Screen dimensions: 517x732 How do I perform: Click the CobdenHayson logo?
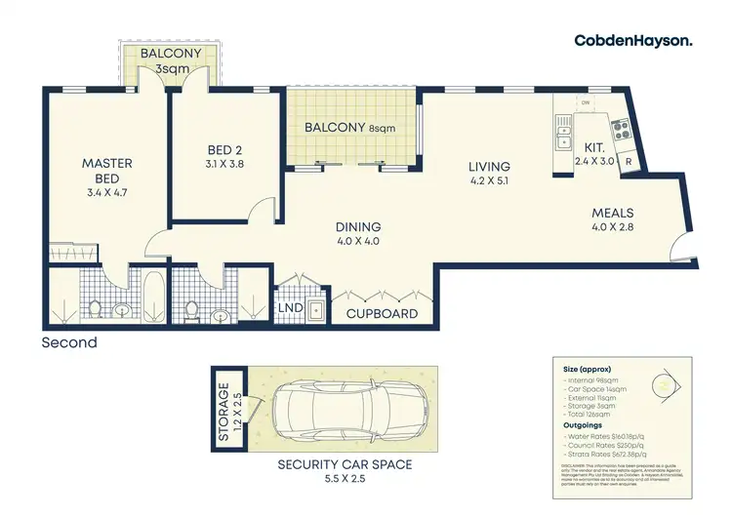633,40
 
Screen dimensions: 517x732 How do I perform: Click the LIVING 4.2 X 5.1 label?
489,173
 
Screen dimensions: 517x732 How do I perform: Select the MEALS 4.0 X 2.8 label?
612,220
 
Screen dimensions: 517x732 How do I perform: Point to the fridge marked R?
629,162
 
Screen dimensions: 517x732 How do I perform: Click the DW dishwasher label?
586,100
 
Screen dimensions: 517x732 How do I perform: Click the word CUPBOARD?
382,314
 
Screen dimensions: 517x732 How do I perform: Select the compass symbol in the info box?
667,384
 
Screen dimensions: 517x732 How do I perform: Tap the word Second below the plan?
69,342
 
